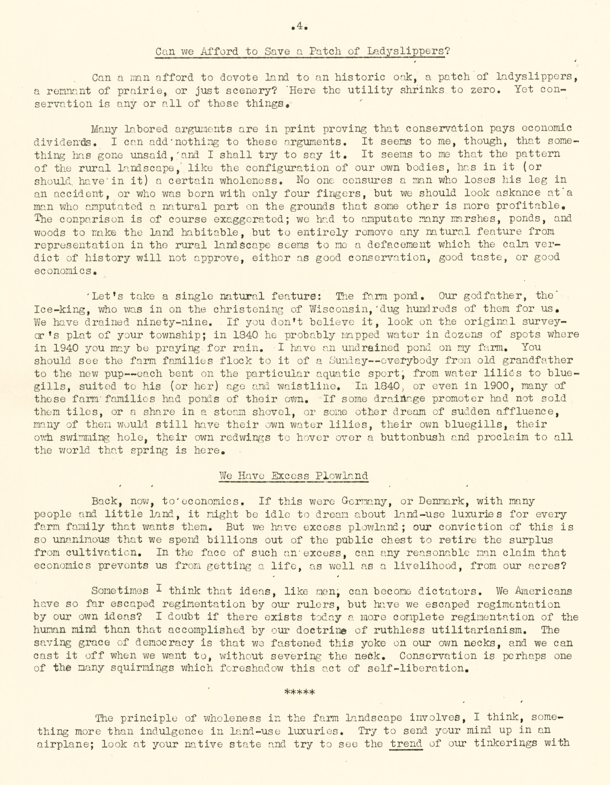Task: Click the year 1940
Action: (x=55, y=348)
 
